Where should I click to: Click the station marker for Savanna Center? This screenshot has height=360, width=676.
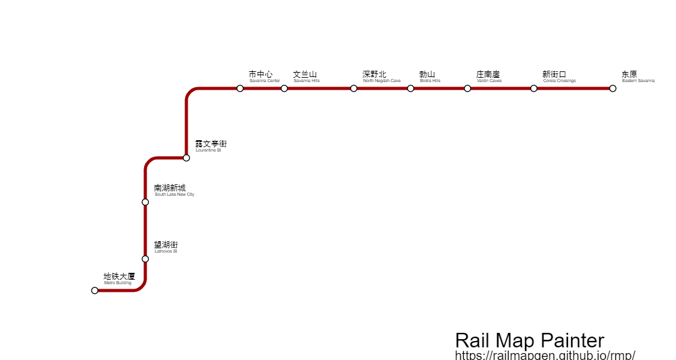pyautogui.click(x=240, y=88)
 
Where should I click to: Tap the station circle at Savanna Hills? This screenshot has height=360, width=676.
pyautogui.click(x=284, y=88)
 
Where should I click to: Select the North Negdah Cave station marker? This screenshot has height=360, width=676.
pyautogui.click(x=354, y=88)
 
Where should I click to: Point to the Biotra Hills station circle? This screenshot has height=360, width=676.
pyautogui.click(x=411, y=88)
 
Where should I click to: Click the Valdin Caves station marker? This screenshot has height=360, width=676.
pyautogui.click(x=468, y=88)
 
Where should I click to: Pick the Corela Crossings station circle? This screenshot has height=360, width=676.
pyautogui.click(x=534, y=88)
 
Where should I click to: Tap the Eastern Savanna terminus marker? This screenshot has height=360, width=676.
pyautogui.click(x=613, y=88)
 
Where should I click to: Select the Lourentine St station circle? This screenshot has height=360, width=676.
pyautogui.click(x=186, y=158)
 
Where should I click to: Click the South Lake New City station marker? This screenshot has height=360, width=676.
pyautogui.click(x=145, y=202)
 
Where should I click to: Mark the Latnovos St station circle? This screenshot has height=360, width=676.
pyautogui.click(x=145, y=259)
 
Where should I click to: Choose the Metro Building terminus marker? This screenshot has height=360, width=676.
pyautogui.click(x=95, y=291)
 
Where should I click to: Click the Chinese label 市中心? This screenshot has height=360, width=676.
pyautogui.click(x=261, y=75)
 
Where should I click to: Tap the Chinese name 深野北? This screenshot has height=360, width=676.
pyautogui.click(x=375, y=75)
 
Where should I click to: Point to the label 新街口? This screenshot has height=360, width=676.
pyautogui.click(x=555, y=75)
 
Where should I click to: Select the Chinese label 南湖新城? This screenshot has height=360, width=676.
pyautogui.click(x=170, y=188)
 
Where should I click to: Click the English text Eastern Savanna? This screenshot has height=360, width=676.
pyautogui.click(x=638, y=81)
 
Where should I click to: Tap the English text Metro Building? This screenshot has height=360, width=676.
pyautogui.click(x=118, y=283)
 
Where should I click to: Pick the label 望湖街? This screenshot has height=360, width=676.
pyautogui.click(x=166, y=245)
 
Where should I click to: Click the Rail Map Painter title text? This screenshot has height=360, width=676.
pyautogui.click(x=529, y=340)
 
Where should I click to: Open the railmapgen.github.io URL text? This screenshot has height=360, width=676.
pyautogui.click(x=545, y=355)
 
